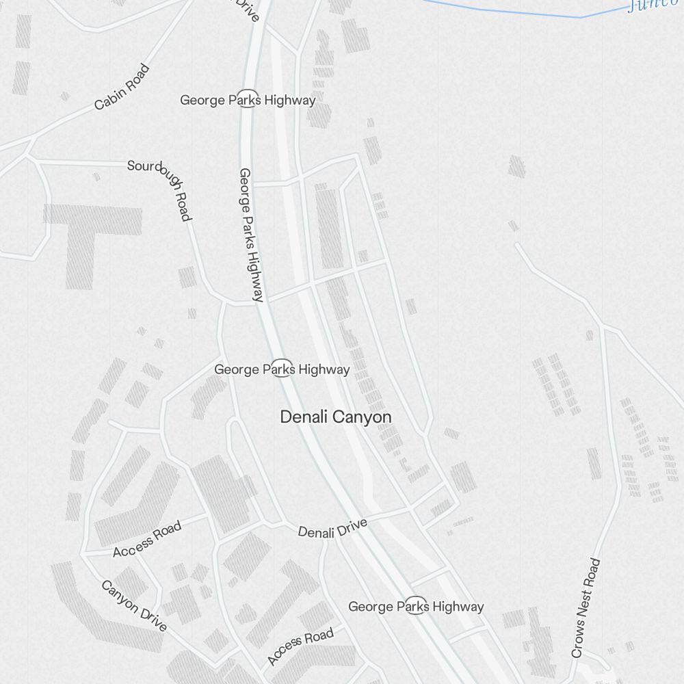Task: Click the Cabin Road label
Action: (x=122, y=87)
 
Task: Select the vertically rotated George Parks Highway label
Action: (x=250, y=235)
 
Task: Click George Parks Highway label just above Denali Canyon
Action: (x=282, y=369)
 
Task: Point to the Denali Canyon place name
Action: (x=336, y=417)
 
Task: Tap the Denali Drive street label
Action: (x=332, y=528)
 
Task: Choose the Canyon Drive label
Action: (x=134, y=605)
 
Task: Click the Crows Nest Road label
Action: (x=586, y=607)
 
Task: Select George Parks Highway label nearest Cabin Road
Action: (x=248, y=100)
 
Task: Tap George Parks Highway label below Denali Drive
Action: (x=416, y=606)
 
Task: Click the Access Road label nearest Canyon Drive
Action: (x=147, y=539)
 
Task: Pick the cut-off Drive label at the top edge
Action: (x=248, y=10)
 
